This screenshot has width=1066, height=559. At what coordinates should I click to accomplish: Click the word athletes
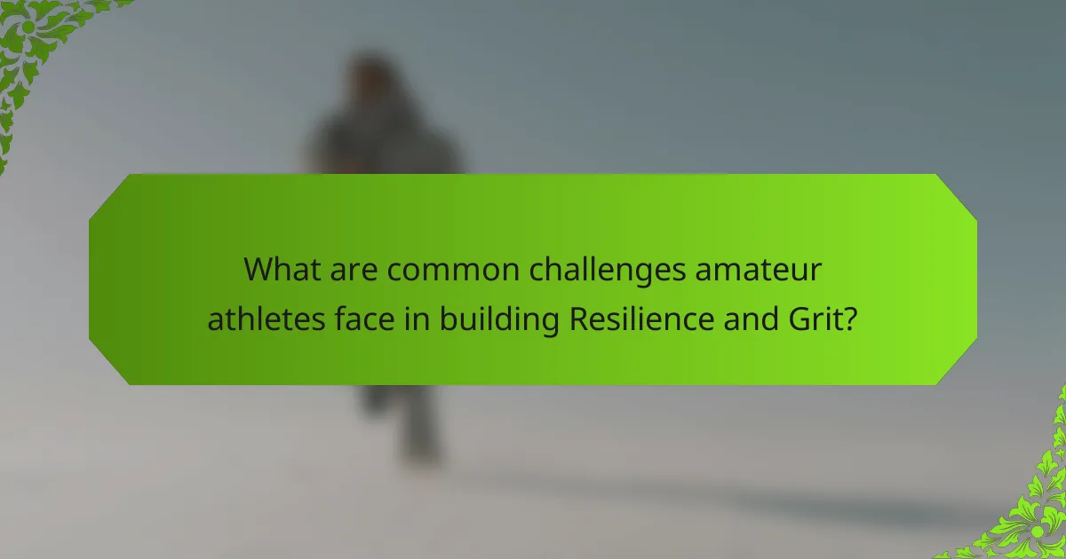255,318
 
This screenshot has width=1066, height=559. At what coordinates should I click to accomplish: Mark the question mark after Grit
851,318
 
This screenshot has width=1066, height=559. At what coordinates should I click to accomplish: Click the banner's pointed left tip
91,279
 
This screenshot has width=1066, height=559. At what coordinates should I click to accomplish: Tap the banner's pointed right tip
975,279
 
